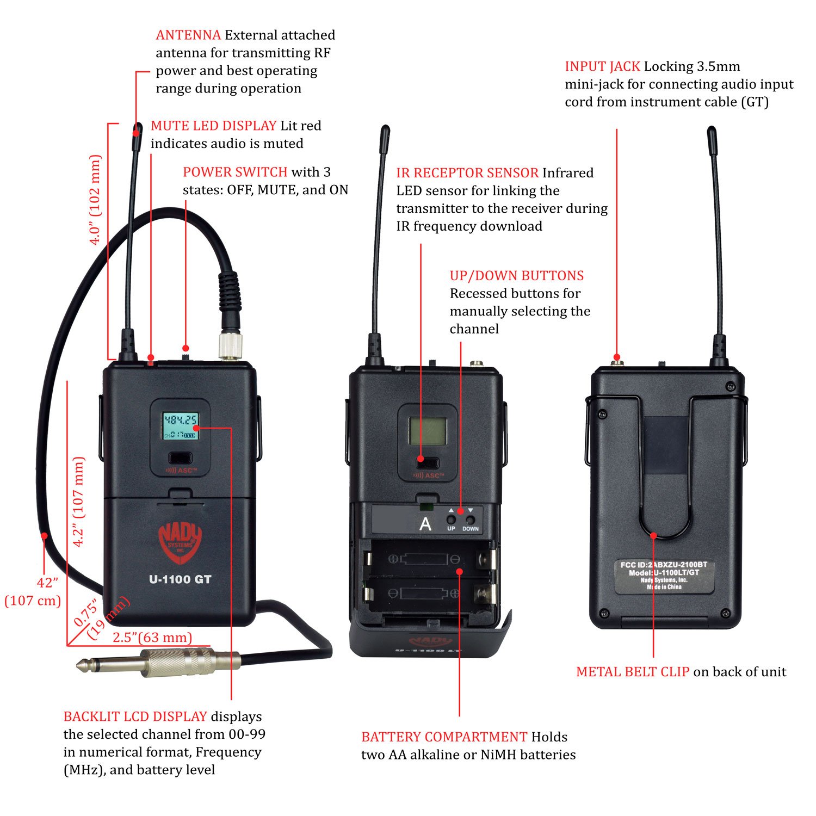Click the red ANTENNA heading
(x=188, y=35)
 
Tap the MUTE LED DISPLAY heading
(x=213, y=126)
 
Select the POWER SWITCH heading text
(x=234, y=172)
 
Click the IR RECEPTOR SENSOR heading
(x=467, y=173)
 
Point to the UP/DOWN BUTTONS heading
(x=516, y=276)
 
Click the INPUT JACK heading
(x=602, y=67)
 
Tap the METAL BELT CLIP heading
(x=632, y=672)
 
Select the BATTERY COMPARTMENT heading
(x=444, y=737)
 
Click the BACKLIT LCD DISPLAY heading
(x=135, y=716)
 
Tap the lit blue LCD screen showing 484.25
(x=181, y=426)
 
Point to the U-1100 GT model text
(x=180, y=580)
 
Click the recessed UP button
(x=451, y=520)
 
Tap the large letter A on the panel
(x=425, y=524)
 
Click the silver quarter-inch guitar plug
(x=163, y=663)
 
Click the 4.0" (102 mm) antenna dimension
(x=95, y=200)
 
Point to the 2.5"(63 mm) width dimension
(x=152, y=638)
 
